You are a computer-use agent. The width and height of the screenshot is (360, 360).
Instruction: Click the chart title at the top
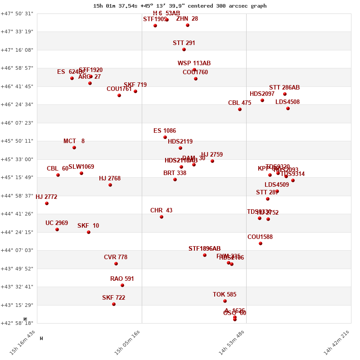click(180, 6)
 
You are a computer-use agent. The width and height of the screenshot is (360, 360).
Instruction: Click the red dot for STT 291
click(184, 49)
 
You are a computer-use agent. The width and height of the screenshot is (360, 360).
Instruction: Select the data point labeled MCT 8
click(74, 148)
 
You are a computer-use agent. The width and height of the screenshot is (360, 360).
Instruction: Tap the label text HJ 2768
click(110, 179)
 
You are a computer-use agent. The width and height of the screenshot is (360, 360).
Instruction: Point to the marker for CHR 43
click(162, 217)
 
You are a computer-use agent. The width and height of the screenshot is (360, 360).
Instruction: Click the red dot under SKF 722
click(114, 304)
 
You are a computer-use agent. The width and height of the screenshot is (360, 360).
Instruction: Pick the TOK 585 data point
click(225, 301)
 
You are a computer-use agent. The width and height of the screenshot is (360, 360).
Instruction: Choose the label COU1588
click(260, 237)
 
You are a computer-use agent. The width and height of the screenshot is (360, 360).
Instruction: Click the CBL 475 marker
click(240, 109)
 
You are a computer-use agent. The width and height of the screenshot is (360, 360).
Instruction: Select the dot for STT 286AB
click(285, 94)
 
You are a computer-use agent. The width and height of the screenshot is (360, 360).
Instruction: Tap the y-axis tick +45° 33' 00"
click(17, 159)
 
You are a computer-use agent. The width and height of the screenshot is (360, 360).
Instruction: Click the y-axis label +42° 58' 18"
click(17, 323)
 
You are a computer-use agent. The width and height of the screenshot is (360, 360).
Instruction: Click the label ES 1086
click(165, 131)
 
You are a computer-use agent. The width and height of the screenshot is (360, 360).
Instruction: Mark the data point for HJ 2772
click(47, 203)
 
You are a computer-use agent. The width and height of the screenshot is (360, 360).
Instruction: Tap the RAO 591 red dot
click(122, 285)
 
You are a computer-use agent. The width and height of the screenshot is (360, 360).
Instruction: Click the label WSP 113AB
click(194, 63)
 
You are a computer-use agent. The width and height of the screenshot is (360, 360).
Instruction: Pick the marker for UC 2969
click(57, 229)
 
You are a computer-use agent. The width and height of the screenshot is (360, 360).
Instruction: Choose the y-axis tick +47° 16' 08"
click(17, 50)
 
